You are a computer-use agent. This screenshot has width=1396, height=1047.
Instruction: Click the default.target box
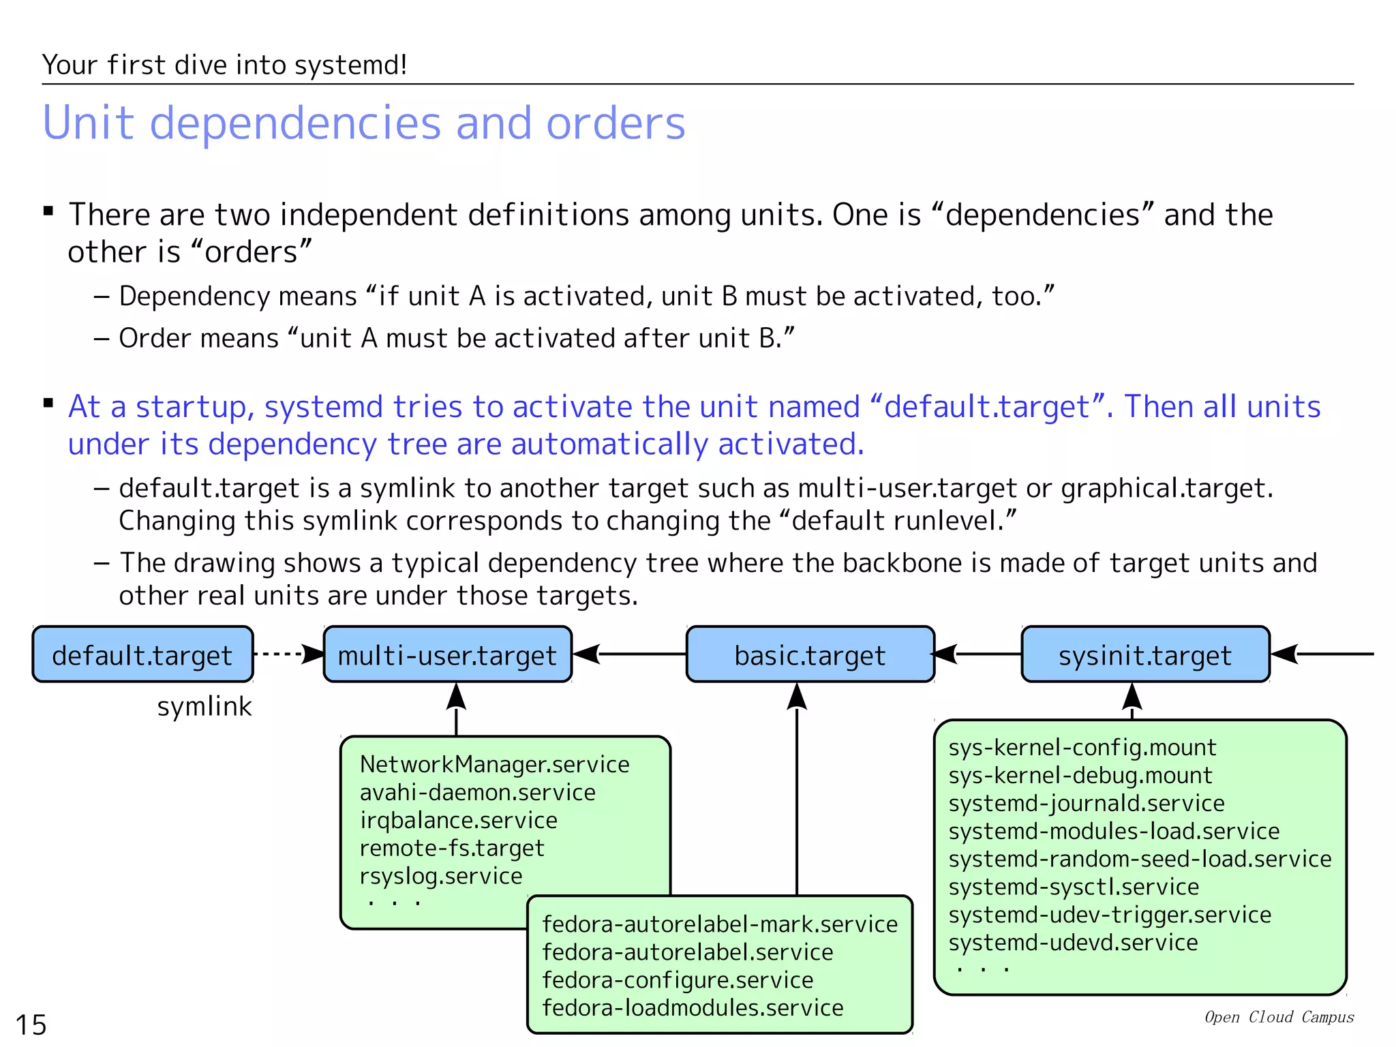pyautogui.click(x=142, y=654)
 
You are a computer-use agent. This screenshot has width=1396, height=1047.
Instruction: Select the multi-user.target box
pyautogui.click(x=447, y=654)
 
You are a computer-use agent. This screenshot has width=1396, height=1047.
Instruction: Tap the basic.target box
pyautogui.click(x=810, y=654)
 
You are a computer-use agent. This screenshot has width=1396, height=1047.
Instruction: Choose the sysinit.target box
pyautogui.click(x=1145, y=654)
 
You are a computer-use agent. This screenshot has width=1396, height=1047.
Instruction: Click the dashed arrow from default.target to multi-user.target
pyautogui.click(x=286, y=654)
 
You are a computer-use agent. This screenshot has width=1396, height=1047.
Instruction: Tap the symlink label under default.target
pyautogui.click(x=204, y=707)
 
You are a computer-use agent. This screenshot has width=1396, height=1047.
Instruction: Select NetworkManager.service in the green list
pyautogui.click(x=494, y=765)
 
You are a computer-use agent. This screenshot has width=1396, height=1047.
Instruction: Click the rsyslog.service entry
pyautogui.click(x=440, y=876)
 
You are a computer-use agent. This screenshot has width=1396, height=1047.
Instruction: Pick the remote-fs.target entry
pyautogui.click(x=451, y=848)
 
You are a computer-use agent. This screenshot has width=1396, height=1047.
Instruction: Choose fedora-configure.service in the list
pyautogui.click(x=678, y=980)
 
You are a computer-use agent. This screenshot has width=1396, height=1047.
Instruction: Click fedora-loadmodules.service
pyautogui.click(x=693, y=1008)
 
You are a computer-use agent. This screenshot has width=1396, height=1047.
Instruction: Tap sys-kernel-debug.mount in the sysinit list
pyautogui.click(x=1080, y=776)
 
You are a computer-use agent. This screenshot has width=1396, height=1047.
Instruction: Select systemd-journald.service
pyautogui.click(x=1087, y=804)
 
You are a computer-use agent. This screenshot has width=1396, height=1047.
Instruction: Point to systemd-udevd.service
pyautogui.click(x=1073, y=943)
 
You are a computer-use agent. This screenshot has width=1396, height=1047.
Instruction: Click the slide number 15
pyautogui.click(x=31, y=1025)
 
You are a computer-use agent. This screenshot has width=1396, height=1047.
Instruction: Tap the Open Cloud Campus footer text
pyautogui.click(x=1279, y=1017)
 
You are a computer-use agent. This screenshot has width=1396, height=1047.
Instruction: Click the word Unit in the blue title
pyautogui.click(x=89, y=123)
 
